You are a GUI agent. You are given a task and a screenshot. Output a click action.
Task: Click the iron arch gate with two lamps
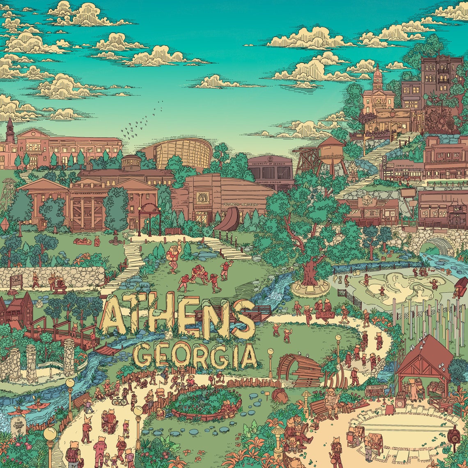[x=149, y=218]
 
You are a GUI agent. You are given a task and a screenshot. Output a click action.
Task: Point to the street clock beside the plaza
[x=453, y=435]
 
